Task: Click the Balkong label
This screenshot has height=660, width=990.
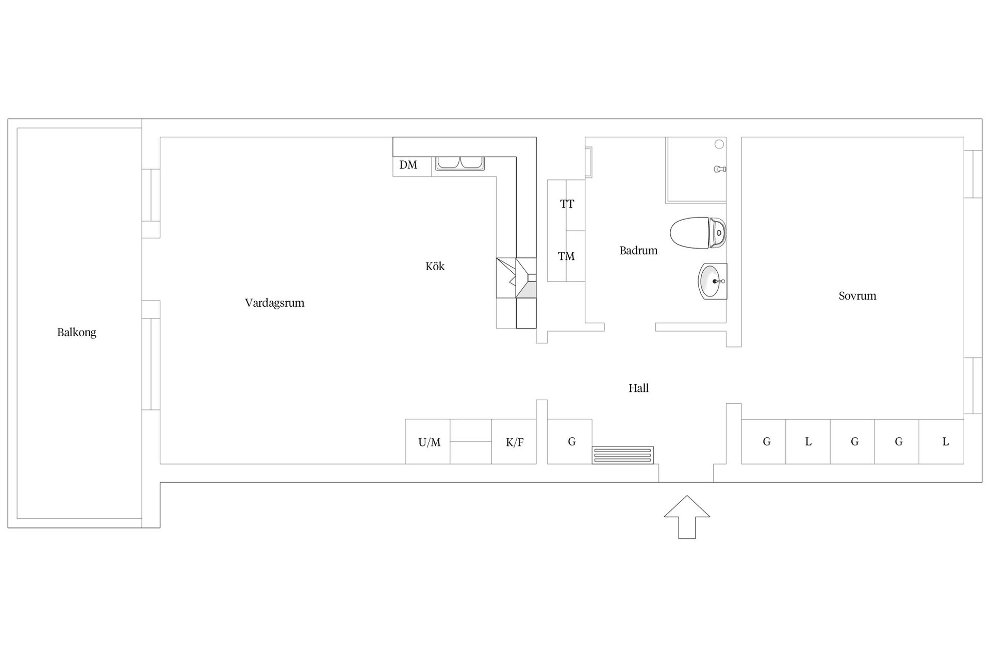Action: coord(77,333)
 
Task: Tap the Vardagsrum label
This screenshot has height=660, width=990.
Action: coord(274,303)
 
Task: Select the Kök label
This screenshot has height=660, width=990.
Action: coord(435,266)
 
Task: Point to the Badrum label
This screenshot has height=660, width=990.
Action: coord(638,251)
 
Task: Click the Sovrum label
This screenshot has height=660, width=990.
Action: coord(857,296)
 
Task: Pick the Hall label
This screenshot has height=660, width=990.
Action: coord(638,388)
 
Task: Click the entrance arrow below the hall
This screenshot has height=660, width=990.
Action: coord(687,517)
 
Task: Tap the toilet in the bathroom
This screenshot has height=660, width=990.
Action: coord(698,233)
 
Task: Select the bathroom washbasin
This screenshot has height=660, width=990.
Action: coord(713,281)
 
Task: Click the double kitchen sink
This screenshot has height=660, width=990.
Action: coord(459,163)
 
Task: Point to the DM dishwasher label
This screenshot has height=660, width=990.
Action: coord(408,165)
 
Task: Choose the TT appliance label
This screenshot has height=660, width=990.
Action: coord(567,204)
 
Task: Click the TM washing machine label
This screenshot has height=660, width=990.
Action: coord(566,256)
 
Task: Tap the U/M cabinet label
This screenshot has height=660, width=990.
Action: coord(429,442)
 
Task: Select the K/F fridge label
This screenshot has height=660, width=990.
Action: coord(515,442)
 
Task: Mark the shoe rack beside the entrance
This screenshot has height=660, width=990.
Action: coord(623,455)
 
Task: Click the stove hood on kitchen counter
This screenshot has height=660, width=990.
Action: coord(516,278)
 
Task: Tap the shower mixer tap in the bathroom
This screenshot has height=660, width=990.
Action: coord(720,169)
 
